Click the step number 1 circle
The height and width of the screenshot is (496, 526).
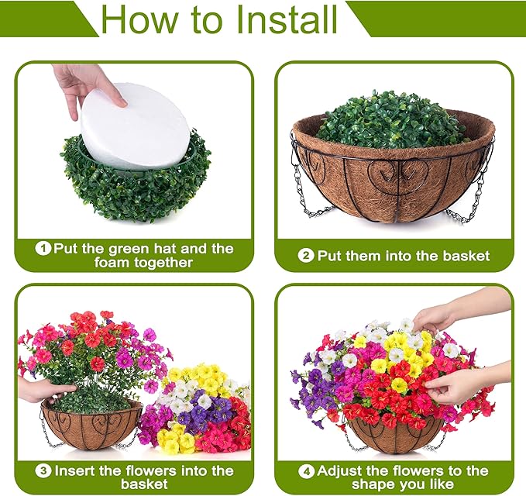(44, 249)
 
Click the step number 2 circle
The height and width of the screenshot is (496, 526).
(307, 256)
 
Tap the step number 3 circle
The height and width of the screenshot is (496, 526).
(45, 471)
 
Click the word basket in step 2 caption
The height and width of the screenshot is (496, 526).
(466, 256)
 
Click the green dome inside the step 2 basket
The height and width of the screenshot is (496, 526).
(393, 120)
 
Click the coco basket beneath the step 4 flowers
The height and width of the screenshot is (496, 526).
(395, 437)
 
